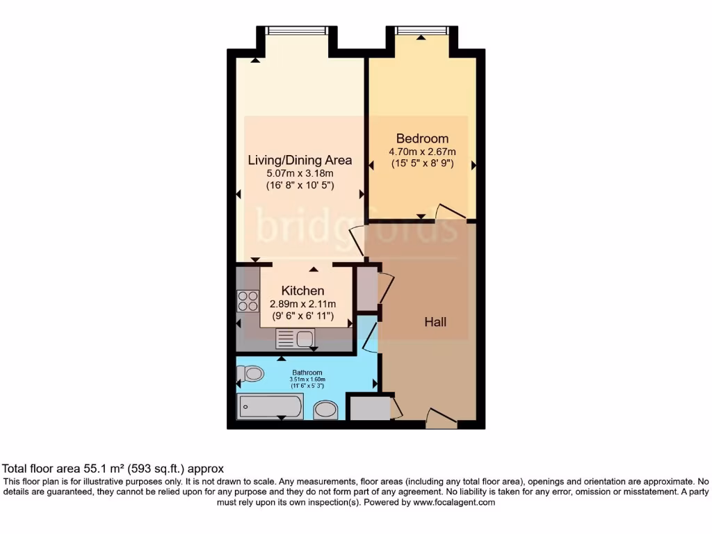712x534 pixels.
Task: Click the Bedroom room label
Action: click(x=422, y=138)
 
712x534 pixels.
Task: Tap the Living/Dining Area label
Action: click(x=300, y=160)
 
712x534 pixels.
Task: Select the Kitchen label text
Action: click(x=302, y=291)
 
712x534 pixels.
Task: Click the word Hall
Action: click(x=435, y=322)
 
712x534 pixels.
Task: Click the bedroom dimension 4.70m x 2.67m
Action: click(x=422, y=152)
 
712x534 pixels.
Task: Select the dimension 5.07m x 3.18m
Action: click(x=300, y=173)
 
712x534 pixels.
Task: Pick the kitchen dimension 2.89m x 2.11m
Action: click(x=302, y=304)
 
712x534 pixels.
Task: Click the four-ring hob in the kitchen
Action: click(x=248, y=301)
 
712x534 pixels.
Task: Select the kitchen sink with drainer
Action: click(x=295, y=339)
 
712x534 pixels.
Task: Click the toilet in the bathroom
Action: click(x=251, y=374)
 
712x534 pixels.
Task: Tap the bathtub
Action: click(x=270, y=406)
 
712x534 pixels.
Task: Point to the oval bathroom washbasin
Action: click(x=325, y=410)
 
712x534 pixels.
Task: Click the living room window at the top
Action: click(x=297, y=31)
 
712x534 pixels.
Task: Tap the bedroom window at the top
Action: click(x=421, y=31)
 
